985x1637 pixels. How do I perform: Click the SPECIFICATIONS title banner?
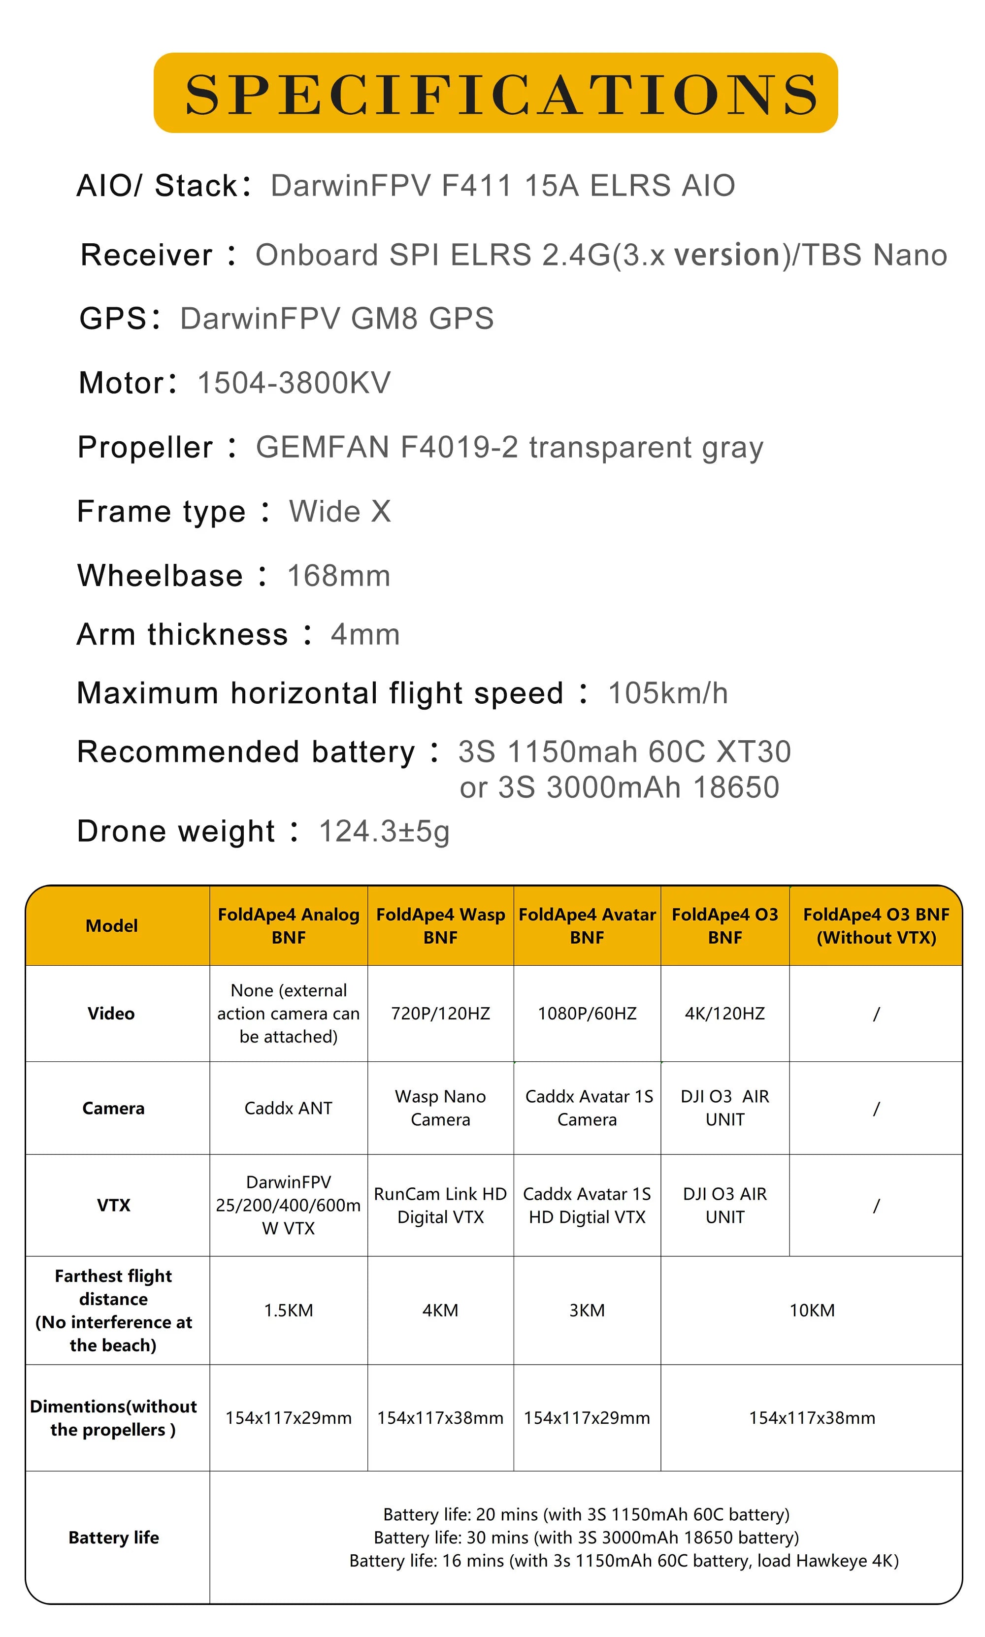tap(495, 93)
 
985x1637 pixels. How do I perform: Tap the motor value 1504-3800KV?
tap(294, 383)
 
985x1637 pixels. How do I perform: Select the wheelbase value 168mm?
tap(338, 575)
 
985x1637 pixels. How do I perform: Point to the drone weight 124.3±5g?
tap(384, 831)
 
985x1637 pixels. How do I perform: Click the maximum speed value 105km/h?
tap(668, 693)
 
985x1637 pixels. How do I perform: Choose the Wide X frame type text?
tap(340, 512)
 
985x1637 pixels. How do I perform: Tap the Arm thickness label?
tap(183, 634)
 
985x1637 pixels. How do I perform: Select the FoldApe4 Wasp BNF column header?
tap(440, 926)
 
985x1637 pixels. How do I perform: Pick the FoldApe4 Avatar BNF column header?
tap(587, 926)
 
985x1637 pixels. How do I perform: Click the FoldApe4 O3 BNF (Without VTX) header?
tap(876, 926)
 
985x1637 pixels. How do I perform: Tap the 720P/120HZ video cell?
tap(440, 1013)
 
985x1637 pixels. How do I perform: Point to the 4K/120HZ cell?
tap(725, 1013)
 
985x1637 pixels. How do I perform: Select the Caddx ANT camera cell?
tap(288, 1108)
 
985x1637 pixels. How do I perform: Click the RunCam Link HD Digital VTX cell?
tap(440, 1205)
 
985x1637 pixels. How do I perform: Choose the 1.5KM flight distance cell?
tap(288, 1310)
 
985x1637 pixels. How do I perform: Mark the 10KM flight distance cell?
tap(812, 1310)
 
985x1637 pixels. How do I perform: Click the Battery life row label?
tap(113, 1538)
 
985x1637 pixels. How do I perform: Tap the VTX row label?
tap(113, 1205)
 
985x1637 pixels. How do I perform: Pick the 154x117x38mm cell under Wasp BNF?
tap(440, 1417)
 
